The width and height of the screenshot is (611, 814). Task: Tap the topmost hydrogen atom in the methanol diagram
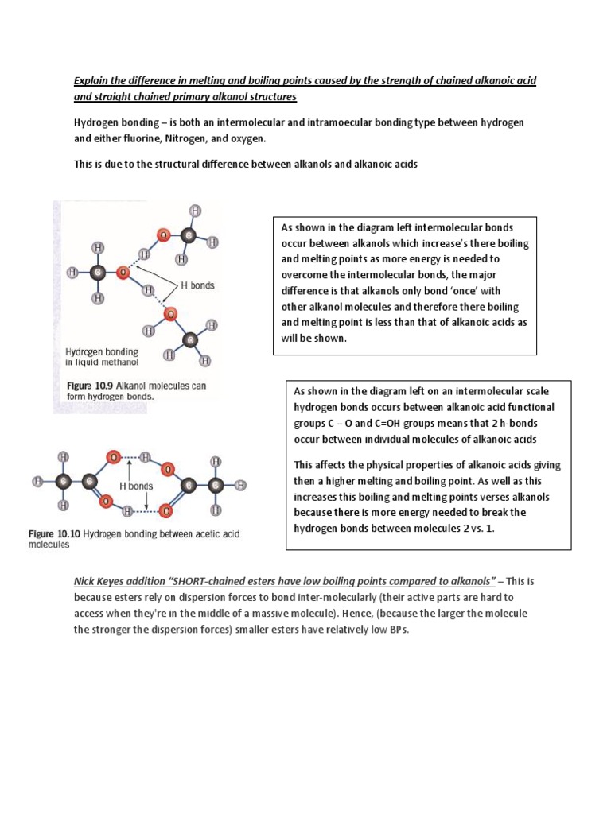[x=195, y=211]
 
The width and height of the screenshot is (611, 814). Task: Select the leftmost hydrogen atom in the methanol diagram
[x=73, y=272]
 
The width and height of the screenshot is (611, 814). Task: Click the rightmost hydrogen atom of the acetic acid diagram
[x=240, y=484]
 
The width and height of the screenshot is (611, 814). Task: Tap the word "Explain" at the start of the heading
[x=91, y=80]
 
